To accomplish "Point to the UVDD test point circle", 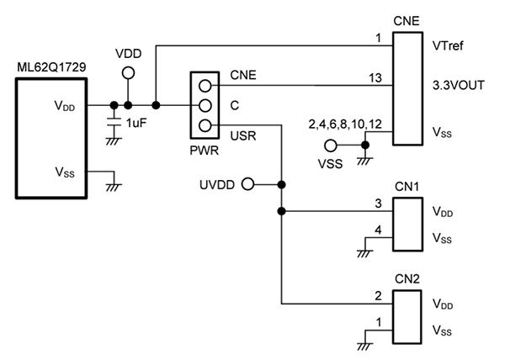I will [x=247, y=183].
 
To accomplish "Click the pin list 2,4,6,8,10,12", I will [x=345, y=124].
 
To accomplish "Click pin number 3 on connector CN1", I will [x=379, y=204].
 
